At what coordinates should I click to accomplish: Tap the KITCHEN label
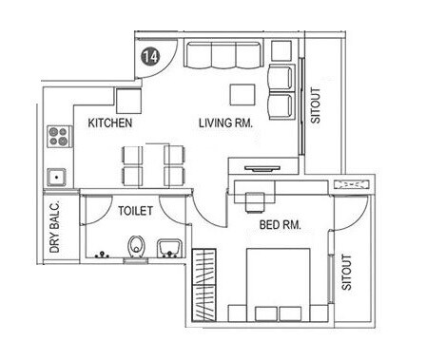tap(109, 123)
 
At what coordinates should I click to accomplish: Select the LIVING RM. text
tap(224, 123)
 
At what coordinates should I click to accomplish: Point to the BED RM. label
tap(281, 225)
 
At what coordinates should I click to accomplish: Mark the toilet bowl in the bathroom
tap(134, 250)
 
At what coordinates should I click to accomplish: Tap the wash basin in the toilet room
tap(166, 249)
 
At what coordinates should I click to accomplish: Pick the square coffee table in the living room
tap(242, 93)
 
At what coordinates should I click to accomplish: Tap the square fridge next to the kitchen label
tap(128, 98)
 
